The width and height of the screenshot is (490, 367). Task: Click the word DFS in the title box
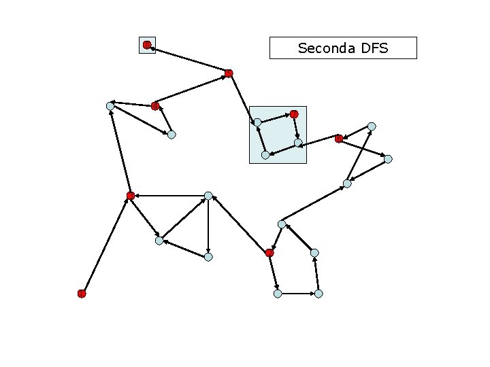[x=375, y=48]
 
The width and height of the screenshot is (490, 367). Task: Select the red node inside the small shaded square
[x=147, y=45]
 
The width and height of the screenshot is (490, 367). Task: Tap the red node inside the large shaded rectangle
[x=294, y=113]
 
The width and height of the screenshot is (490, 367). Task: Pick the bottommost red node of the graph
[x=82, y=294]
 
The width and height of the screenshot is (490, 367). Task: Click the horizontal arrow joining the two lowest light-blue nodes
[x=298, y=294]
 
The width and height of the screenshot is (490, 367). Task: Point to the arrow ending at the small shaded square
[x=188, y=59]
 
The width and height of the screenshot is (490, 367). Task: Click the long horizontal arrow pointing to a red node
[x=169, y=196]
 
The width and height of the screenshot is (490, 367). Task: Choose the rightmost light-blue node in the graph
[x=388, y=159]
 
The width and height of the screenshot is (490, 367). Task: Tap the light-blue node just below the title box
[x=372, y=126]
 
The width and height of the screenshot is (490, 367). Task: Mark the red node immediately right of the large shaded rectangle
[x=339, y=139]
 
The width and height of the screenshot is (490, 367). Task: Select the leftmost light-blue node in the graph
[x=110, y=106]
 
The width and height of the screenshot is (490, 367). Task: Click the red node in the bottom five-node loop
[x=269, y=253]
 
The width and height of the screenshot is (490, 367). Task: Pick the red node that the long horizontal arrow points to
[x=131, y=196]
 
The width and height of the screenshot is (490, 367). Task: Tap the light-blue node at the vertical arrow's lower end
[x=208, y=257]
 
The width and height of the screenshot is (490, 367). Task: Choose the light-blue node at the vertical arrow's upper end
[x=208, y=196]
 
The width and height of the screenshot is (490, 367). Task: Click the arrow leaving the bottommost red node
[x=106, y=245]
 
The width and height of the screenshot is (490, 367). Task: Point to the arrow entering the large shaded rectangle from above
[x=243, y=98]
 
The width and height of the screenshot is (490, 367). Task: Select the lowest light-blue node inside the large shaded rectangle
[x=265, y=155]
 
